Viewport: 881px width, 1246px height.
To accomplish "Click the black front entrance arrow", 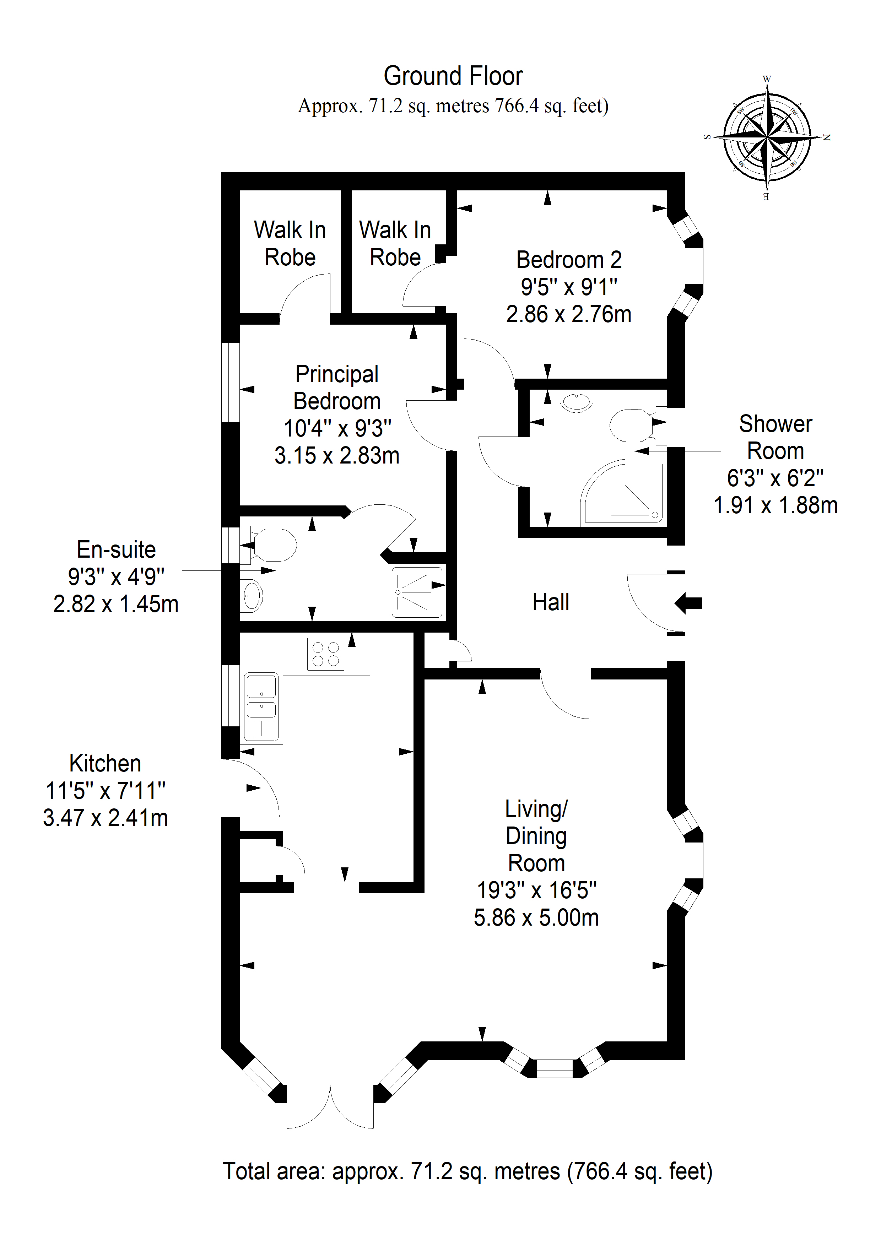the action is click(x=688, y=603).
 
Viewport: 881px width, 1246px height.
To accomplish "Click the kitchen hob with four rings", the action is click(x=326, y=654).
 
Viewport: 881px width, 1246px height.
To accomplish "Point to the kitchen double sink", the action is click(x=262, y=708).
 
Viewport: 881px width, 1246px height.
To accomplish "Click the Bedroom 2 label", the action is click(x=569, y=259).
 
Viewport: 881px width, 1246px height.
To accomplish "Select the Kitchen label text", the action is click(x=105, y=764).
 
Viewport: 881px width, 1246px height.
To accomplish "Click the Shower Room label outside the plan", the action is click(x=776, y=437).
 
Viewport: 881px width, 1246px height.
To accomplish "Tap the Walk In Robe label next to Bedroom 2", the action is click(x=395, y=243).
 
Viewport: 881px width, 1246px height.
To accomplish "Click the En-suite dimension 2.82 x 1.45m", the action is click(x=115, y=604).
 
